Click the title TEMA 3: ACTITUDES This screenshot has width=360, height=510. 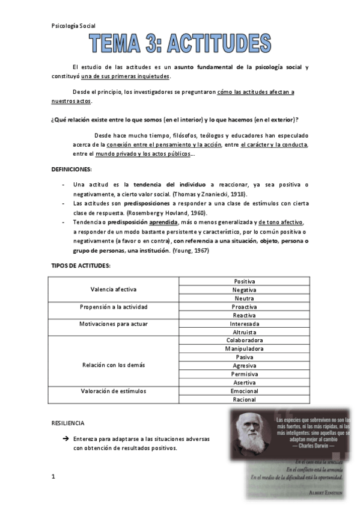click(180, 44)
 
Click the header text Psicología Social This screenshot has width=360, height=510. click(73, 26)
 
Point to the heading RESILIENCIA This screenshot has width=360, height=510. click(68, 423)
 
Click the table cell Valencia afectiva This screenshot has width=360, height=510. click(114, 289)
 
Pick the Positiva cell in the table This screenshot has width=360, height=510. click(244, 281)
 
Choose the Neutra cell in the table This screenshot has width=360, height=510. click(244, 298)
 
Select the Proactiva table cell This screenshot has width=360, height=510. click(244, 307)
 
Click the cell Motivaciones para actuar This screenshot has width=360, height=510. click(114, 324)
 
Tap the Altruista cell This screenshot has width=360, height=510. click(244, 332)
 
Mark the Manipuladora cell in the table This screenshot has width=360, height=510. click(244, 349)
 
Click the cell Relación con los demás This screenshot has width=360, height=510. click(114, 365)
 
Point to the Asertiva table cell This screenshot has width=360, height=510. click(244, 382)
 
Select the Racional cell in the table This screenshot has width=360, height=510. click(244, 399)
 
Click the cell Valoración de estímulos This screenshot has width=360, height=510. click(114, 391)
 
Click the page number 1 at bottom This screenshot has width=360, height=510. click(53, 477)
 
